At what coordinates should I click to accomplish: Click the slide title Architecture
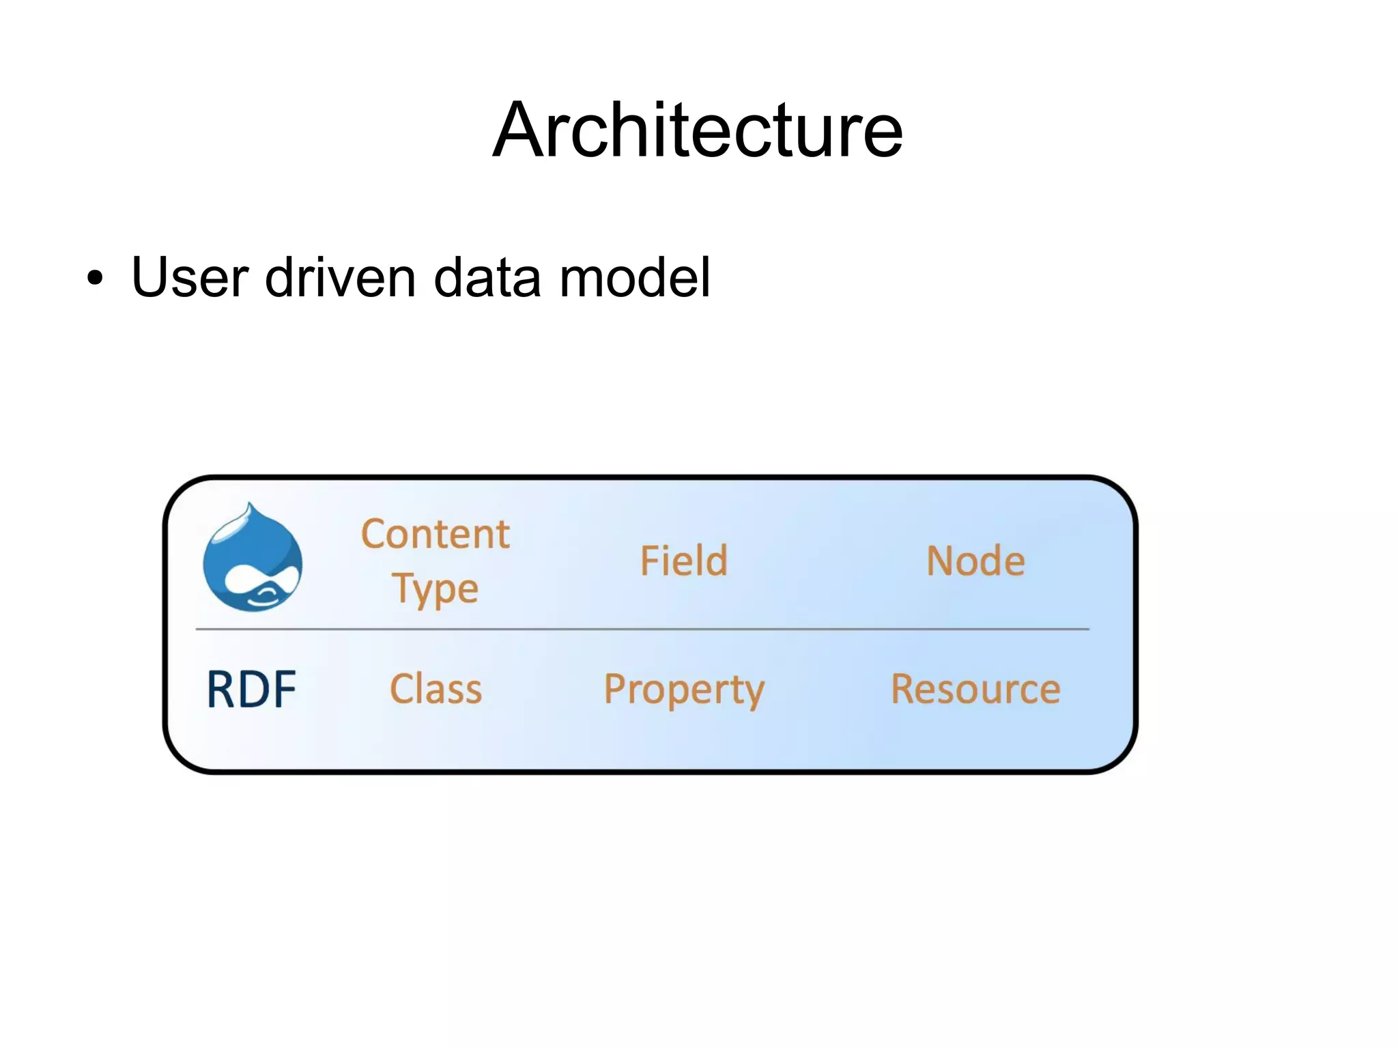(698, 130)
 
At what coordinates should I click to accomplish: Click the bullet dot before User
(95, 279)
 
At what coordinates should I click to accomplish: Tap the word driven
(340, 277)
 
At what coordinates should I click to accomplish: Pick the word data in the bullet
(487, 277)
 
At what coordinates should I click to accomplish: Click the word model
(635, 277)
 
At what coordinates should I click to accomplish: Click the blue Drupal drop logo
(253, 560)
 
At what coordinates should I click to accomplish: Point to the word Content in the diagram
(435, 534)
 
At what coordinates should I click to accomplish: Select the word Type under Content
(435, 589)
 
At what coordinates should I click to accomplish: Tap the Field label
(683, 561)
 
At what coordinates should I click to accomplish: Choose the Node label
(975, 561)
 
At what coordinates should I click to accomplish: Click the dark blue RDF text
(251, 690)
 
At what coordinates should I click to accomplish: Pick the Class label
(436, 689)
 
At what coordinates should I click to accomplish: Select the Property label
(684, 690)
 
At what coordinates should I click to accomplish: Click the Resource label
(975, 689)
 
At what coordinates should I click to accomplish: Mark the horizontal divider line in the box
(642, 629)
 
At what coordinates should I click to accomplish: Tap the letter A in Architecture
(522, 131)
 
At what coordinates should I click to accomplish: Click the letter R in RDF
(221, 690)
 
